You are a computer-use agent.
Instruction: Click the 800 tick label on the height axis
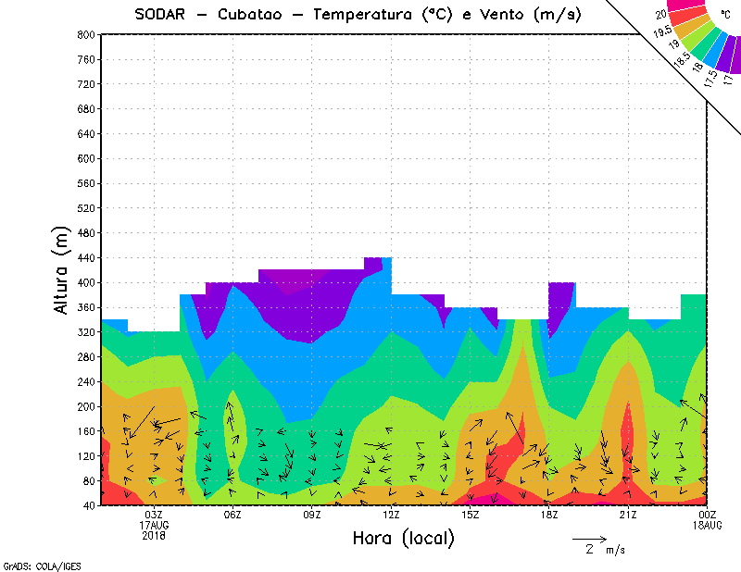tap(87, 34)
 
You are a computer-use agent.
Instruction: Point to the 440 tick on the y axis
tap(87, 257)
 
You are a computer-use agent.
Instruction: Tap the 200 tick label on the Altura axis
tap(87, 406)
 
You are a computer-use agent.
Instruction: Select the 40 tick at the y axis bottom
tap(90, 505)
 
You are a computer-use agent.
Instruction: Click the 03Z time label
tap(154, 515)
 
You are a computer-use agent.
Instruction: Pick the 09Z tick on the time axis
tap(312, 515)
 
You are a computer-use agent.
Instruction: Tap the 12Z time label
tap(391, 515)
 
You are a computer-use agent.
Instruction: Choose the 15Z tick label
tap(471, 515)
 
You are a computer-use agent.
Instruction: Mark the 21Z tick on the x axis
tap(629, 515)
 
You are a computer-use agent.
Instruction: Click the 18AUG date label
tap(708, 525)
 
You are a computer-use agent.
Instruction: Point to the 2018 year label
tap(154, 535)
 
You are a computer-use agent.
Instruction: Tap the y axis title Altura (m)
tap(62, 269)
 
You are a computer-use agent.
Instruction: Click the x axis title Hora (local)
tap(403, 538)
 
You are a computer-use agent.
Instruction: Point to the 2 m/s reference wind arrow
tap(588, 538)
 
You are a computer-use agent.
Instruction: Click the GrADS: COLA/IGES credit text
tap(29, 565)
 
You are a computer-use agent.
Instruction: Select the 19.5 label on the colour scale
tap(663, 32)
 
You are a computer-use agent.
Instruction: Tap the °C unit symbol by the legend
tap(724, 14)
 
